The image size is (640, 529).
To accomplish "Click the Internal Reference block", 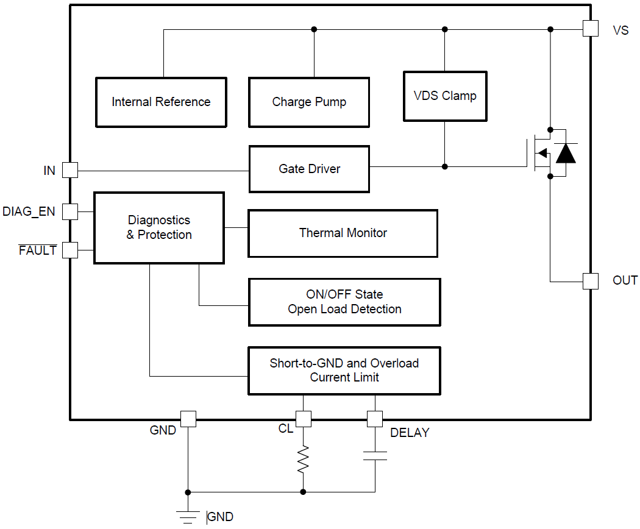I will (x=161, y=102).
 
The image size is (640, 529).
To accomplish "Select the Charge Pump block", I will (x=309, y=102).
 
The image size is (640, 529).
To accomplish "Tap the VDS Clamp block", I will (x=445, y=96).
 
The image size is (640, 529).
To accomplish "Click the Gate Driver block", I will (x=309, y=169).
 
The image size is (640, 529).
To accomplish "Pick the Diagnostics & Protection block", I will (x=158, y=228).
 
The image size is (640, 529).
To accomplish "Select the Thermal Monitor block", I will (x=343, y=233).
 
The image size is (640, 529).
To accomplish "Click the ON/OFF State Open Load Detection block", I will (x=344, y=302).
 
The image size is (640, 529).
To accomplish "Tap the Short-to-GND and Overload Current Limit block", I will (x=344, y=371).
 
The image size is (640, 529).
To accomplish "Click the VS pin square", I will (x=590, y=29).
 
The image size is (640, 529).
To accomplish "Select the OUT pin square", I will (x=590, y=281).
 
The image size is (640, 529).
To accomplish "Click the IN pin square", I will (x=70, y=170).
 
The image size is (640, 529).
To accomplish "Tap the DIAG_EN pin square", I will (x=70, y=211).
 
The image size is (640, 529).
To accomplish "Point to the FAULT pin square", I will (x=70, y=250).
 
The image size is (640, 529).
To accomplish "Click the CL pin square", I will (x=303, y=419).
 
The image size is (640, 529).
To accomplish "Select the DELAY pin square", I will (x=374, y=419).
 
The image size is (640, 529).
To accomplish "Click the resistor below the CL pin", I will (x=303, y=460).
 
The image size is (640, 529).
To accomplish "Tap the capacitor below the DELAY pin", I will (x=374, y=455).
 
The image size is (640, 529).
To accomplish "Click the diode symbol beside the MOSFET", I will (x=566, y=154).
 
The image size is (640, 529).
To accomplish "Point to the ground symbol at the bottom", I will (x=188, y=515).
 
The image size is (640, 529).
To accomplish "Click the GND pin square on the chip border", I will (x=188, y=419).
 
